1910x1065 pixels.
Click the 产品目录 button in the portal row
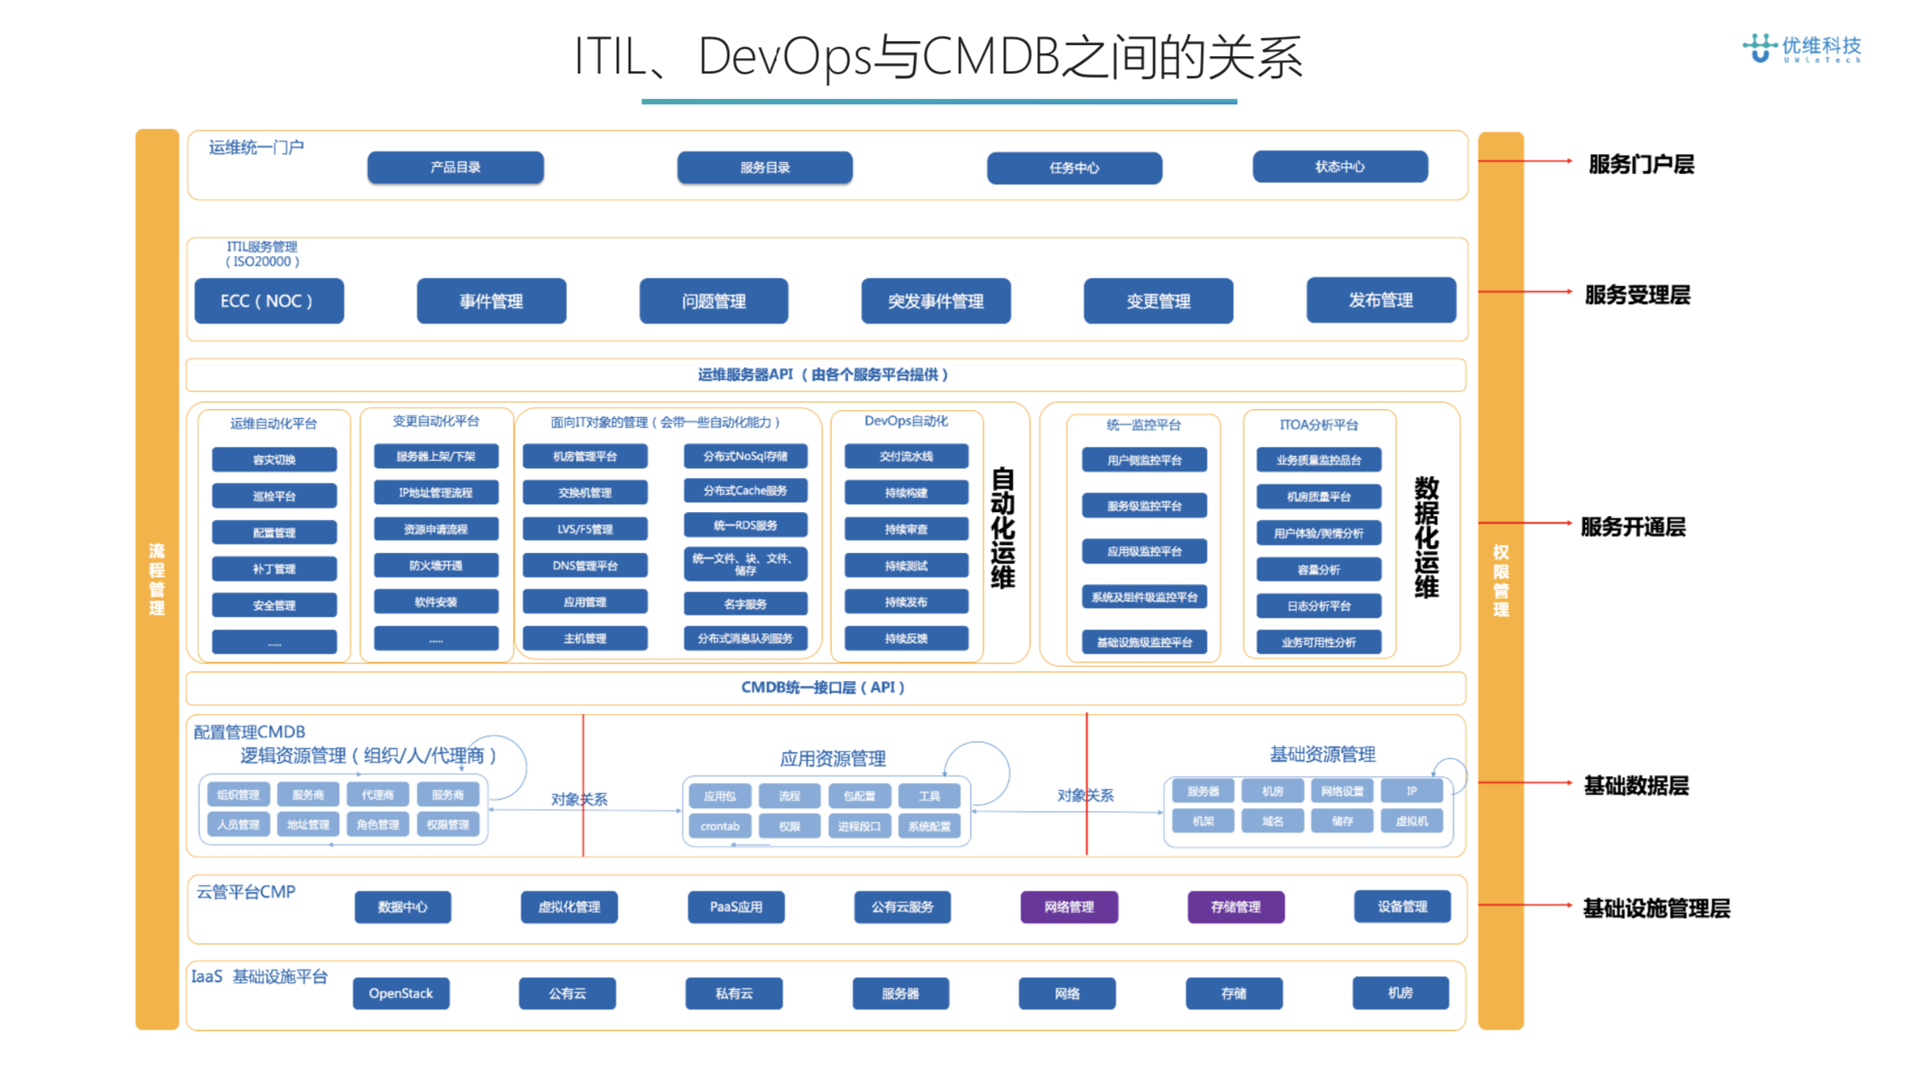pos(455,167)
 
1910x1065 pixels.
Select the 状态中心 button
pos(1340,167)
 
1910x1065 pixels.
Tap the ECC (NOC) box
pos(269,301)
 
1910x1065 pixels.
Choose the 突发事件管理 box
pos(935,301)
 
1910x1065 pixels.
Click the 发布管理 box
pos(1380,300)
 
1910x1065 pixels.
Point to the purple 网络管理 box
pos(1069,907)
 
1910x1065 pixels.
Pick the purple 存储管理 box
pos(1235,907)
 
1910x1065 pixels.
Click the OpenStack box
pos(400,993)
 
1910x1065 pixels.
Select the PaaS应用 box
pos(735,907)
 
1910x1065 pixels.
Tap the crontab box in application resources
pos(720,826)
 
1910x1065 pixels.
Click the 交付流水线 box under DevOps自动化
pos(906,457)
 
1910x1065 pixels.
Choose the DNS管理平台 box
pos(585,566)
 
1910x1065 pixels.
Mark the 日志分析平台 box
pos(1318,606)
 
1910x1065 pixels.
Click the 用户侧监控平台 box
pos(1144,460)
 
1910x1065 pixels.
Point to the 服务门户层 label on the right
pos(1641,164)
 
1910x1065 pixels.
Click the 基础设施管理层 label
pos(1656,909)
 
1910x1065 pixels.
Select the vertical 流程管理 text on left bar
pos(157,579)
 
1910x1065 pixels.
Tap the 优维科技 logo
pos(1802,48)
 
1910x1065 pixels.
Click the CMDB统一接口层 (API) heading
pos(822,687)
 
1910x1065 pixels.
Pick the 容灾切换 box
pos(274,460)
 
